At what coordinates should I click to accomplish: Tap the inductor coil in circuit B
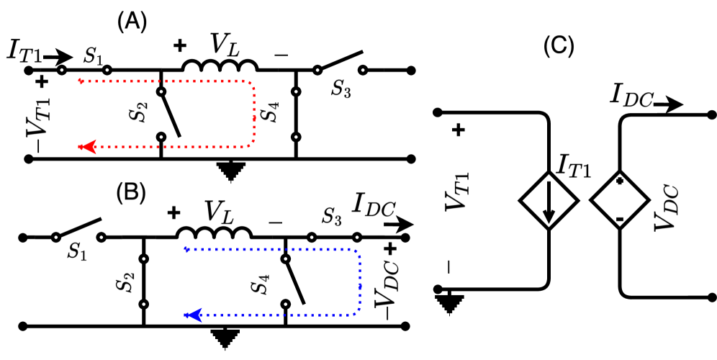click(215, 233)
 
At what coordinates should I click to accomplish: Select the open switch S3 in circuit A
click(339, 64)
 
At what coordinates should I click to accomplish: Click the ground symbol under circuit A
click(230, 169)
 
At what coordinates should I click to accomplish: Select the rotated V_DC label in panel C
click(662, 205)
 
